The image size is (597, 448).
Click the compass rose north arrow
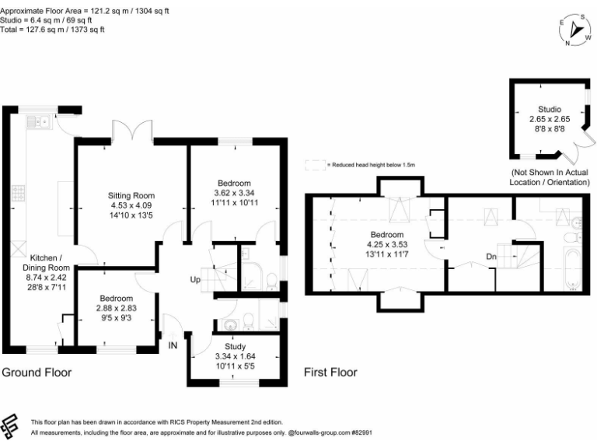tap(577, 29)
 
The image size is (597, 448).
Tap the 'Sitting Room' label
tap(131, 195)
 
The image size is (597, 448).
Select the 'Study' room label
tap(235, 347)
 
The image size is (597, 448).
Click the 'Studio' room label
tap(549, 109)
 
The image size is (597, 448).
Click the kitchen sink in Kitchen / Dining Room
tap(37, 121)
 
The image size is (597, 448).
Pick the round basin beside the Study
tap(231, 324)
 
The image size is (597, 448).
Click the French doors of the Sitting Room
tap(131, 132)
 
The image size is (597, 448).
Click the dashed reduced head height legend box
tap(315, 165)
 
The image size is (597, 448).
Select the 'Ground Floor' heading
tap(37, 373)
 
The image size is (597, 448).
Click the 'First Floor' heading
tap(330, 373)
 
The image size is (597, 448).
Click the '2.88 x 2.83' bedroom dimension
tap(115, 308)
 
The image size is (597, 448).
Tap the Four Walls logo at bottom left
tap(10, 425)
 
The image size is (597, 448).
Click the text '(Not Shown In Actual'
tap(549, 172)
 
